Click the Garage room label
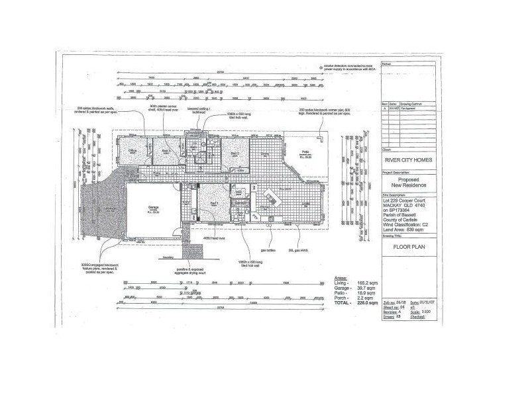tap(152, 207)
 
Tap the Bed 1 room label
tap(214, 203)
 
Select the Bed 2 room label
tap(235, 153)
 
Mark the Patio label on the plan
tap(306, 152)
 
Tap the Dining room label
tap(264, 154)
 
